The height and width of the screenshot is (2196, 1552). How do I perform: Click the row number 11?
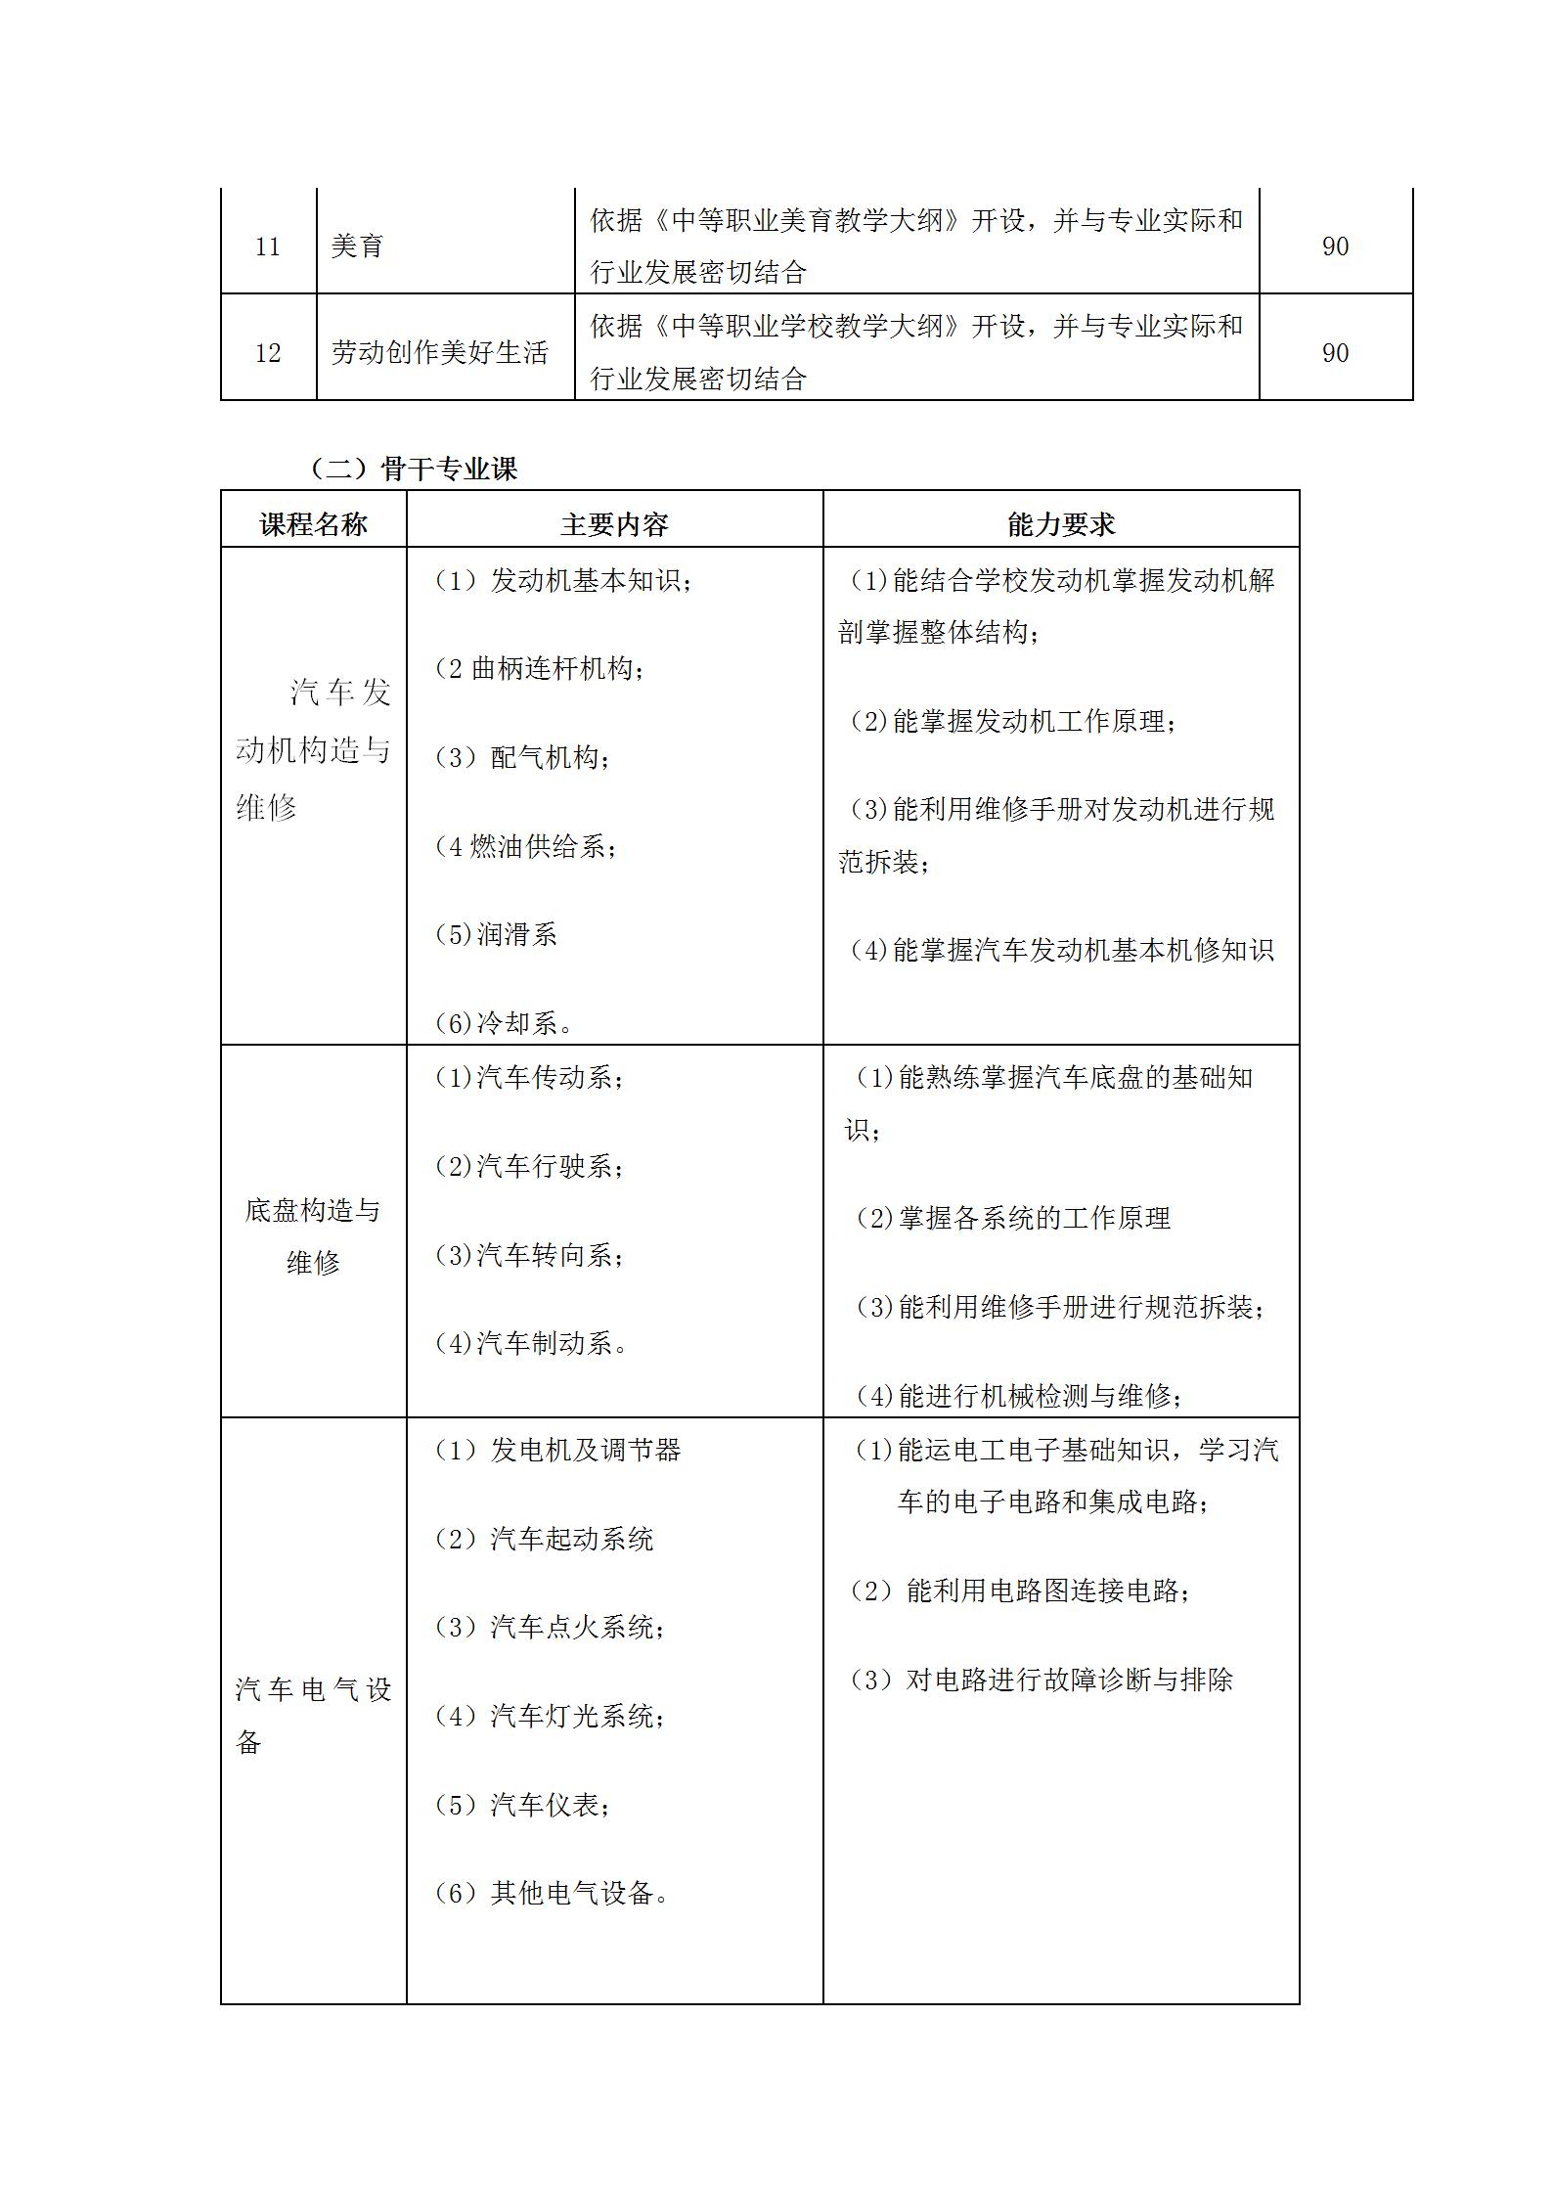coord(267,246)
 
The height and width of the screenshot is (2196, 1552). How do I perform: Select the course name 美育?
coord(357,246)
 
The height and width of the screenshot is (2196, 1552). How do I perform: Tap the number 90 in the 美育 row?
coord(1335,246)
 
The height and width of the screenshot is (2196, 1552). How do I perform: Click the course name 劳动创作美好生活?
coord(440,353)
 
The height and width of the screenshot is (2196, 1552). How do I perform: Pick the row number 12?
coord(267,353)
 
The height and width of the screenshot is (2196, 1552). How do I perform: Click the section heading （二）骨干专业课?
coord(414,469)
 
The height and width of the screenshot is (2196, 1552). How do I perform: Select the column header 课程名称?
coord(313,525)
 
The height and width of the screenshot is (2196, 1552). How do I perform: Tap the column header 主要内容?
coord(614,525)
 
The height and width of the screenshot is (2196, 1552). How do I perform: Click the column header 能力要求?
coord(1060,525)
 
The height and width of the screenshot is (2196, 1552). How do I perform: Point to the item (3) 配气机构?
coord(523,758)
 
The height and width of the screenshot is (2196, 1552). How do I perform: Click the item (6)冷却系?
coord(505,1023)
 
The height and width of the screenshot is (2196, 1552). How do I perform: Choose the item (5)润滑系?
coord(496,934)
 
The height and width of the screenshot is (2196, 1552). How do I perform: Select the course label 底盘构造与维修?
coord(313,1236)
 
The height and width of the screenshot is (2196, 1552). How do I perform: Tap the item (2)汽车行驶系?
coord(529,1166)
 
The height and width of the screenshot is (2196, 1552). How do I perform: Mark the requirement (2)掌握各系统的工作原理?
coord(1013,1218)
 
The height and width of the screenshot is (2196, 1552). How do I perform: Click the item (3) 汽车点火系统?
coord(551,1628)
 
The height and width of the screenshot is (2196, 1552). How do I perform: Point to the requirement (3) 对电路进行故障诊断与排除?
coord(1042,1681)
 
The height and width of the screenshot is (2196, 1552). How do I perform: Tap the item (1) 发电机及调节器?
coord(557,1450)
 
